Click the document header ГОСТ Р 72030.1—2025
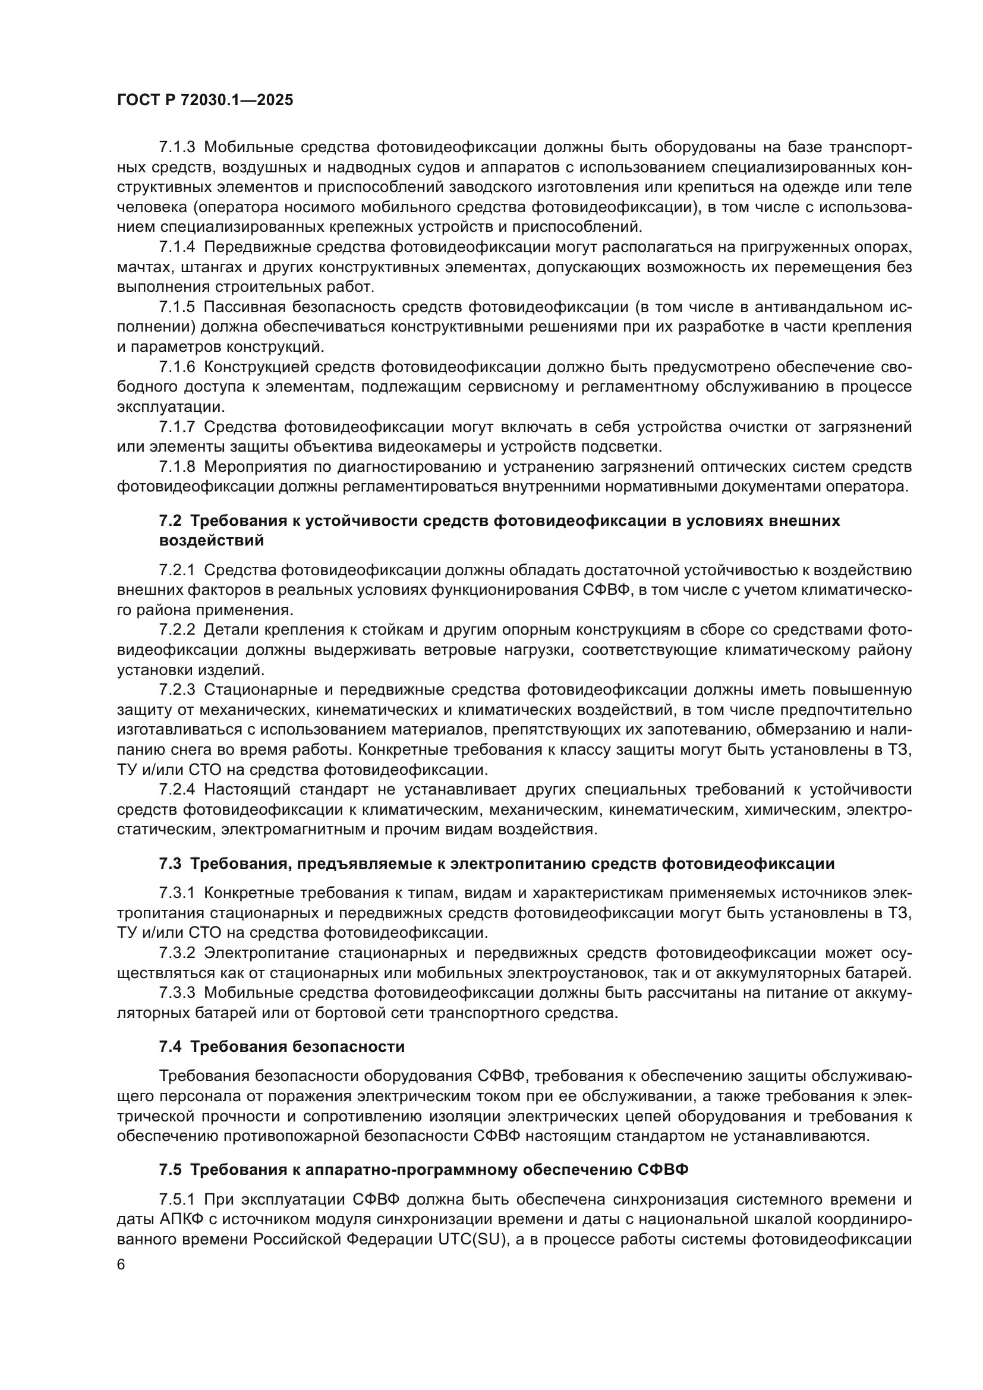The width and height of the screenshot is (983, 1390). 205,100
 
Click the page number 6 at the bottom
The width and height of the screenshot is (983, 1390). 121,1265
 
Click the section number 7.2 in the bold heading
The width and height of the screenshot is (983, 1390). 170,521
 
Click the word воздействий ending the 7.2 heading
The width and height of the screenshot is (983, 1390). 211,541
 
